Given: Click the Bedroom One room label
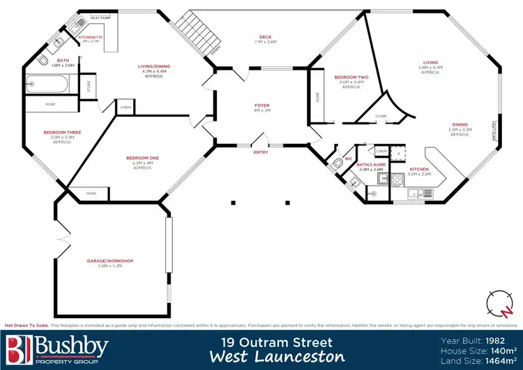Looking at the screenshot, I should (142, 158).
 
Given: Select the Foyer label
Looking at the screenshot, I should (261, 105).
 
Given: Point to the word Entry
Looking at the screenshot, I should (261, 152).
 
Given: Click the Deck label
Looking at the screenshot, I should (266, 37).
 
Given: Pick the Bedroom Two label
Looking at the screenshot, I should (351, 78).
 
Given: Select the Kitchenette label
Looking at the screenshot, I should (91, 36).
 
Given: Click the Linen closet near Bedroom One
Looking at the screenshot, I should (126, 108).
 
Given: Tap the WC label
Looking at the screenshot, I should (348, 158).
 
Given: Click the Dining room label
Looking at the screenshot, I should (460, 125).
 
